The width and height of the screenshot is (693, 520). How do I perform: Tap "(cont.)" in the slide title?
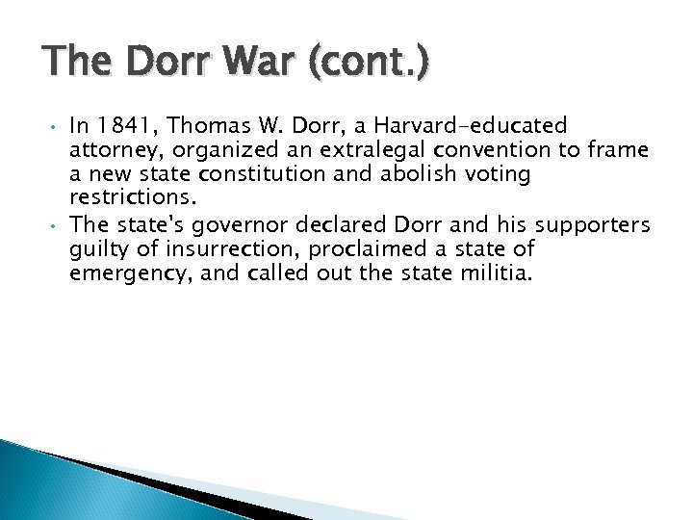pos(369,65)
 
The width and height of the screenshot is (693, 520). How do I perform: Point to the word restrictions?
pos(133,198)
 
